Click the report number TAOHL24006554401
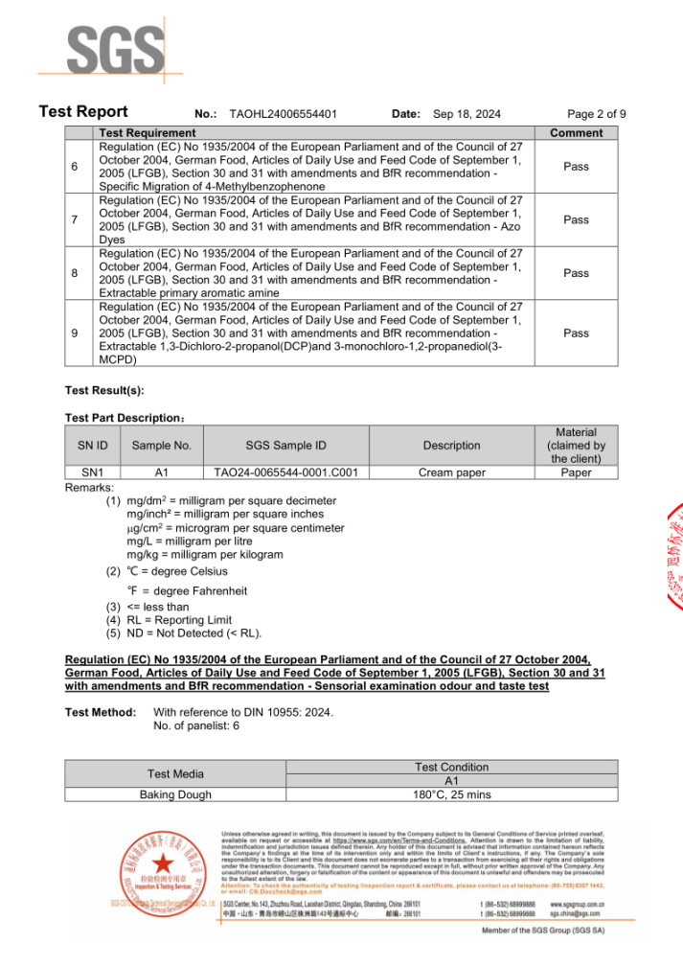[283, 113]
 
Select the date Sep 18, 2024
[467, 113]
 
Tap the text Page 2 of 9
[596, 113]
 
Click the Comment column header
[576, 132]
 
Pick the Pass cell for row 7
[576, 220]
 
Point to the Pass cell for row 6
[576, 167]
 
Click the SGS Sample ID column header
[285, 446]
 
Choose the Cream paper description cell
[451, 472]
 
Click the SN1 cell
[92, 472]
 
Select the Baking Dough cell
[176, 794]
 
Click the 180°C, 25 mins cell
[452, 794]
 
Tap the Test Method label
[100, 712]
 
